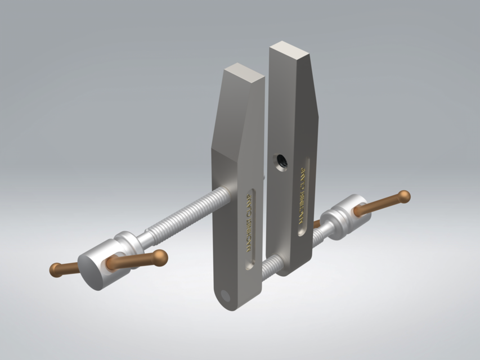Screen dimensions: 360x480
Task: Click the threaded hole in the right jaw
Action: [280, 161]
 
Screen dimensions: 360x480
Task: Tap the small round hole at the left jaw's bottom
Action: [226, 296]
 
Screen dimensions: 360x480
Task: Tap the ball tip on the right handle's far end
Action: [403, 196]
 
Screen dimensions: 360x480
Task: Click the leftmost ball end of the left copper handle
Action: [56, 270]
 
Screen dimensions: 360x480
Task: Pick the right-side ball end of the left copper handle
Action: [161, 258]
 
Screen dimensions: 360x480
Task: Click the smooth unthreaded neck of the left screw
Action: [141, 237]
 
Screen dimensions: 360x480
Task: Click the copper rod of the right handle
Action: [377, 205]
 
